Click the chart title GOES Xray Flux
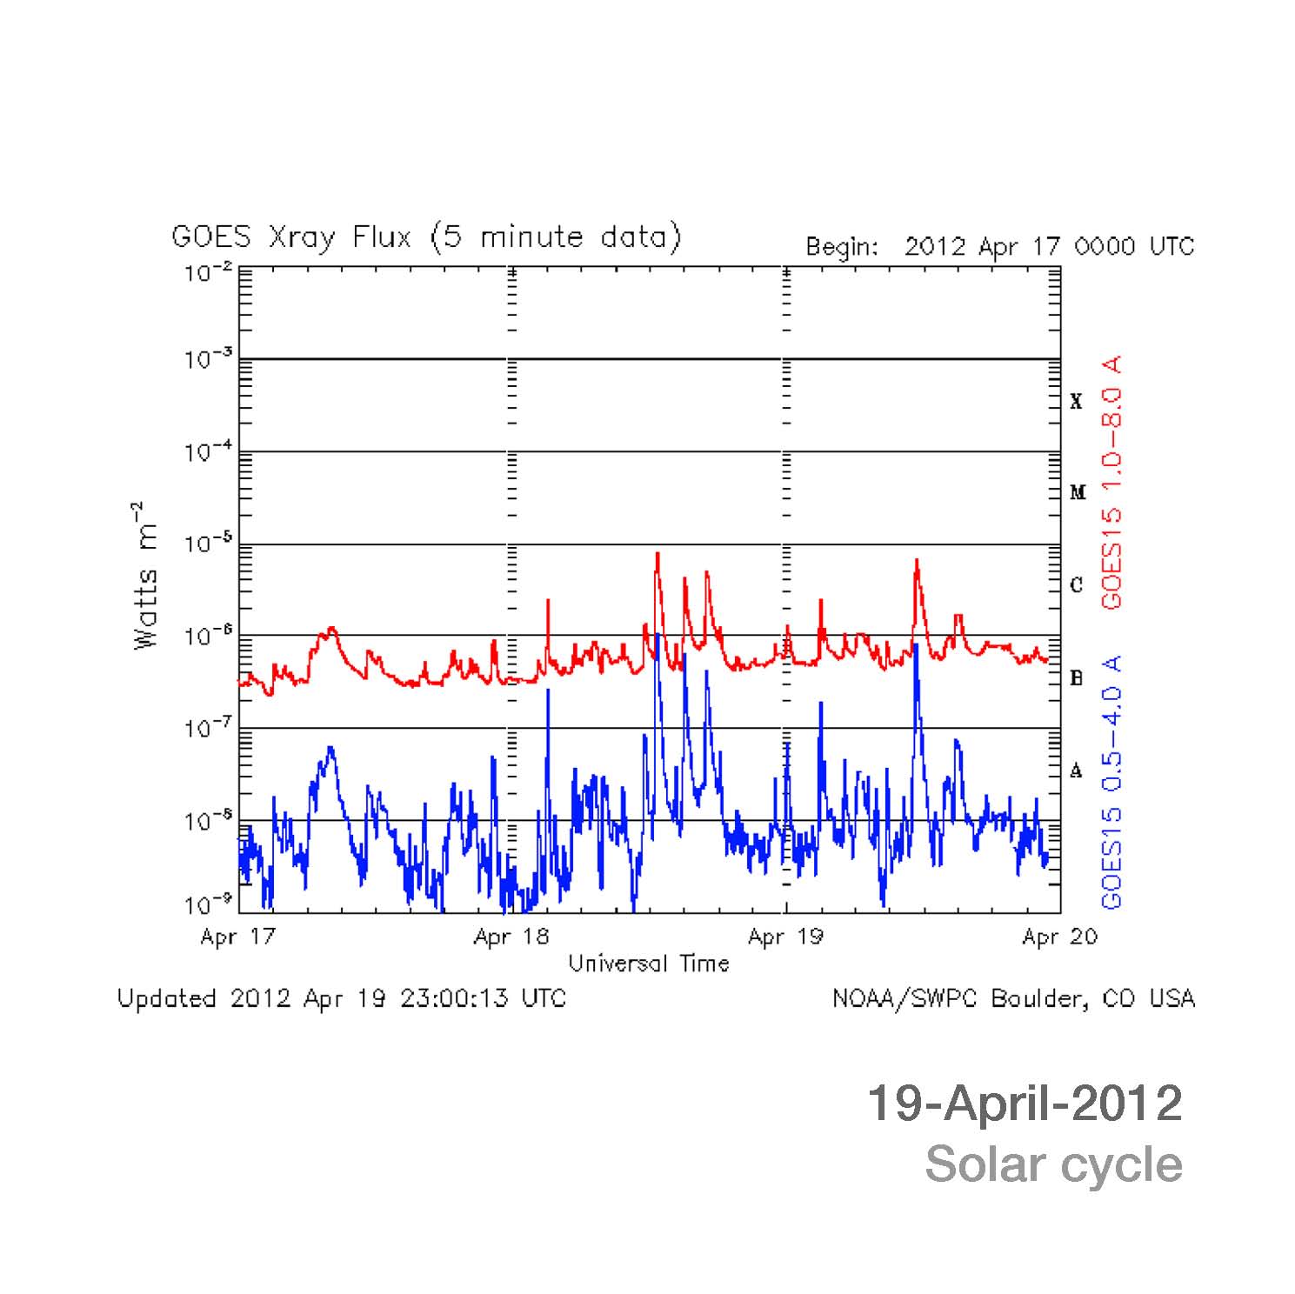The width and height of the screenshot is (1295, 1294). click(x=426, y=237)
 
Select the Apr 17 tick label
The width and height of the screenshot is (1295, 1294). click(x=237, y=937)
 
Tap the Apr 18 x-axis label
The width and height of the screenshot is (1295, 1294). click(x=511, y=937)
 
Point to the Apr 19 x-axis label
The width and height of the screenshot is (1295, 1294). click(x=785, y=937)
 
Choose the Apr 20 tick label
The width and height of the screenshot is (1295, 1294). click(x=1059, y=937)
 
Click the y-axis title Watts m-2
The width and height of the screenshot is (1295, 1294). click(x=146, y=575)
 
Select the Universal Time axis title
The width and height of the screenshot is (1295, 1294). click(x=649, y=964)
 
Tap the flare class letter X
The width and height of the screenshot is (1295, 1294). click(x=1077, y=402)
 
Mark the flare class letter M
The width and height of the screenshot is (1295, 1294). click(x=1078, y=493)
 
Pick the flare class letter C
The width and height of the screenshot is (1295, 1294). click(x=1077, y=585)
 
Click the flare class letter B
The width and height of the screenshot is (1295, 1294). click(x=1077, y=678)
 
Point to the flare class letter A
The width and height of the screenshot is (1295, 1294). click(x=1077, y=770)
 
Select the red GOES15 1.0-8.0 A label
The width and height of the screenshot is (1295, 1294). click(x=1112, y=482)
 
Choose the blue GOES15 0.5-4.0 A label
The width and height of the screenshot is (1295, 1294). click(x=1112, y=783)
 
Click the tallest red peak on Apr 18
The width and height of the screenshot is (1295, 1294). click(x=658, y=554)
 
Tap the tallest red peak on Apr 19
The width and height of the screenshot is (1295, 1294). click(x=917, y=561)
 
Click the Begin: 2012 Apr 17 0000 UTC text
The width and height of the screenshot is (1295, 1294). click(x=999, y=247)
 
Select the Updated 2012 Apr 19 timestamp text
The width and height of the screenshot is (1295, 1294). click(x=342, y=998)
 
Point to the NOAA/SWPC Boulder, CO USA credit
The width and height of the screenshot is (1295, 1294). click(x=1013, y=998)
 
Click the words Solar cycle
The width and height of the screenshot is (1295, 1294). click(x=1053, y=1164)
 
